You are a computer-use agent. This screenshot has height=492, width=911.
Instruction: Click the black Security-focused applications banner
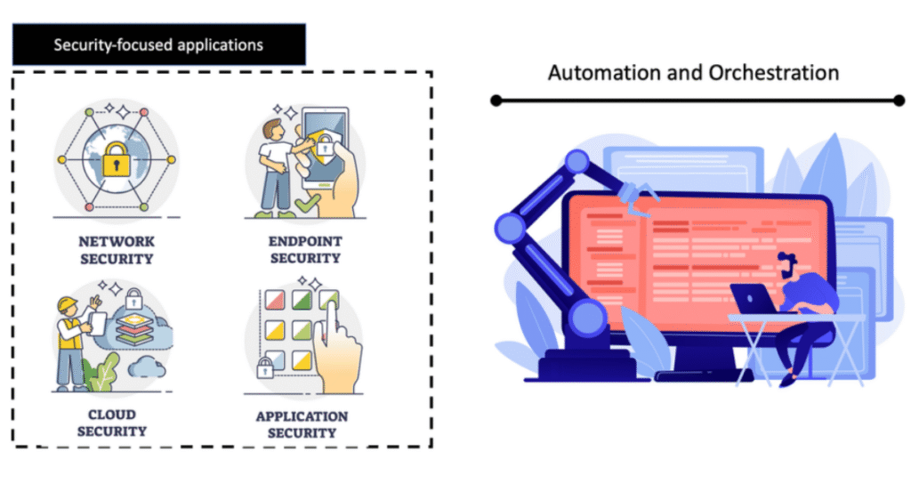coord(159,44)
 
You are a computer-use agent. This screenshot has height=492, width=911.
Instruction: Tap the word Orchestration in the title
coord(774,72)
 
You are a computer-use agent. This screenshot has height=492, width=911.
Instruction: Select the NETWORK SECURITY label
coord(116,250)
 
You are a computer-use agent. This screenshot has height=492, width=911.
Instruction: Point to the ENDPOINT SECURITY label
coord(304,249)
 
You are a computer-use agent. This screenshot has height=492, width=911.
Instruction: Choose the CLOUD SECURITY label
coord(112,423)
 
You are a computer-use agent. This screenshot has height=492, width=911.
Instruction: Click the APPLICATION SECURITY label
coord(302,424)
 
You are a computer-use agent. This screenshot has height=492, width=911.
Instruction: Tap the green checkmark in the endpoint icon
coord(305,206)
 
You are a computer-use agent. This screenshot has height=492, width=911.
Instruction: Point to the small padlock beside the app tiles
coord(263,368)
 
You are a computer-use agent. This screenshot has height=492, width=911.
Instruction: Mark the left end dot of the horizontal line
coord(496,101)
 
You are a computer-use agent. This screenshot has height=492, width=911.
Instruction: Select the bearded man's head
coord(787,264)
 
